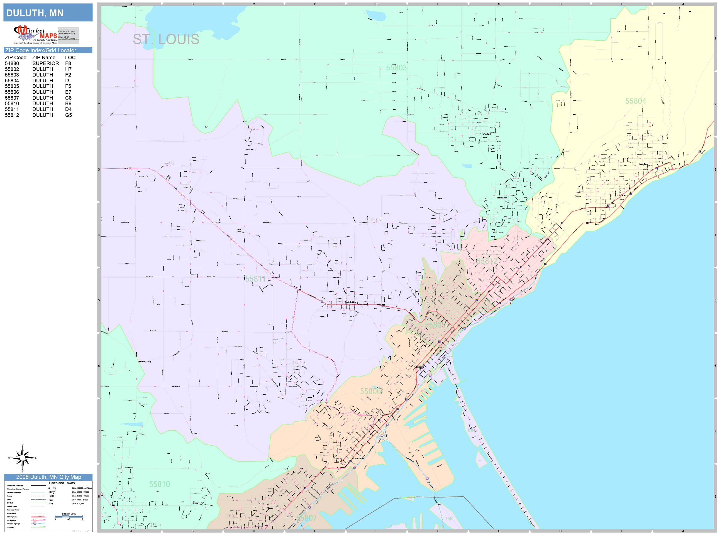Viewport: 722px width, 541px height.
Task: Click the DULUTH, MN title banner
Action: pyautogui.click(x=48, y=13)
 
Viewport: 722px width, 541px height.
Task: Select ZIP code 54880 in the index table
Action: pyautogui.click(x=12, y=63)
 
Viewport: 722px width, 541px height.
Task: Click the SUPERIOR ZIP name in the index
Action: pyautogui.click(x=45, y=63)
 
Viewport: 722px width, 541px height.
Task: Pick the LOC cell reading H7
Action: pyautogui.click(x=68, y=69)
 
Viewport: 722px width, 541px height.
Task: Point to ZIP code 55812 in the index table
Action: pyautogui.click(x=12, y=115)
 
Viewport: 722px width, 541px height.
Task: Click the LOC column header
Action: pyautogui.click(x=70, y=57)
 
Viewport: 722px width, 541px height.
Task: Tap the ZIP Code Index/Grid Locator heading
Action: pyautogui.click(x=40, y=50)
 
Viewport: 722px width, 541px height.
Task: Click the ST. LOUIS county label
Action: pyautogui.click(x=166, y=39)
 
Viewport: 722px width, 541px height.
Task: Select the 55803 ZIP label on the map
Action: pyautogui.click(x=396, y=68)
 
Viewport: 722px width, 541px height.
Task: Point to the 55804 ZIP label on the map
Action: pyautogui.click(x=635, y=101)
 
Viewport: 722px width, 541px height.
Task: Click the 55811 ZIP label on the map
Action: pyautogui.click(x=255, y=279)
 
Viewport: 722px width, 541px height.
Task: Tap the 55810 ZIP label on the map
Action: pyautogui.click(x=160, y=484)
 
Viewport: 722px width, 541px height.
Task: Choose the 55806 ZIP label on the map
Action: pyautogui.click(x=370, y=391)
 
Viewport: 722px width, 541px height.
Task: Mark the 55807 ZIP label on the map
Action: pyautogui.click(x=306, y=518)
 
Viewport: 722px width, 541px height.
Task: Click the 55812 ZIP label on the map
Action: pyautogui.click(x=487, y=261)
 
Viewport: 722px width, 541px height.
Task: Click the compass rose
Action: pyautogui.click(x=23, y=458)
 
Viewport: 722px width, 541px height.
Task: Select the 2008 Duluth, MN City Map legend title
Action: pyautogui.click(x=48, y=477)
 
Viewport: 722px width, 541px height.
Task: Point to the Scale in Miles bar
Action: pyautogui.click(x=69, y=516)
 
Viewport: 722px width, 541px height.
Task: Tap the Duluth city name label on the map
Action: pyautogui.click(x=420, y=367)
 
